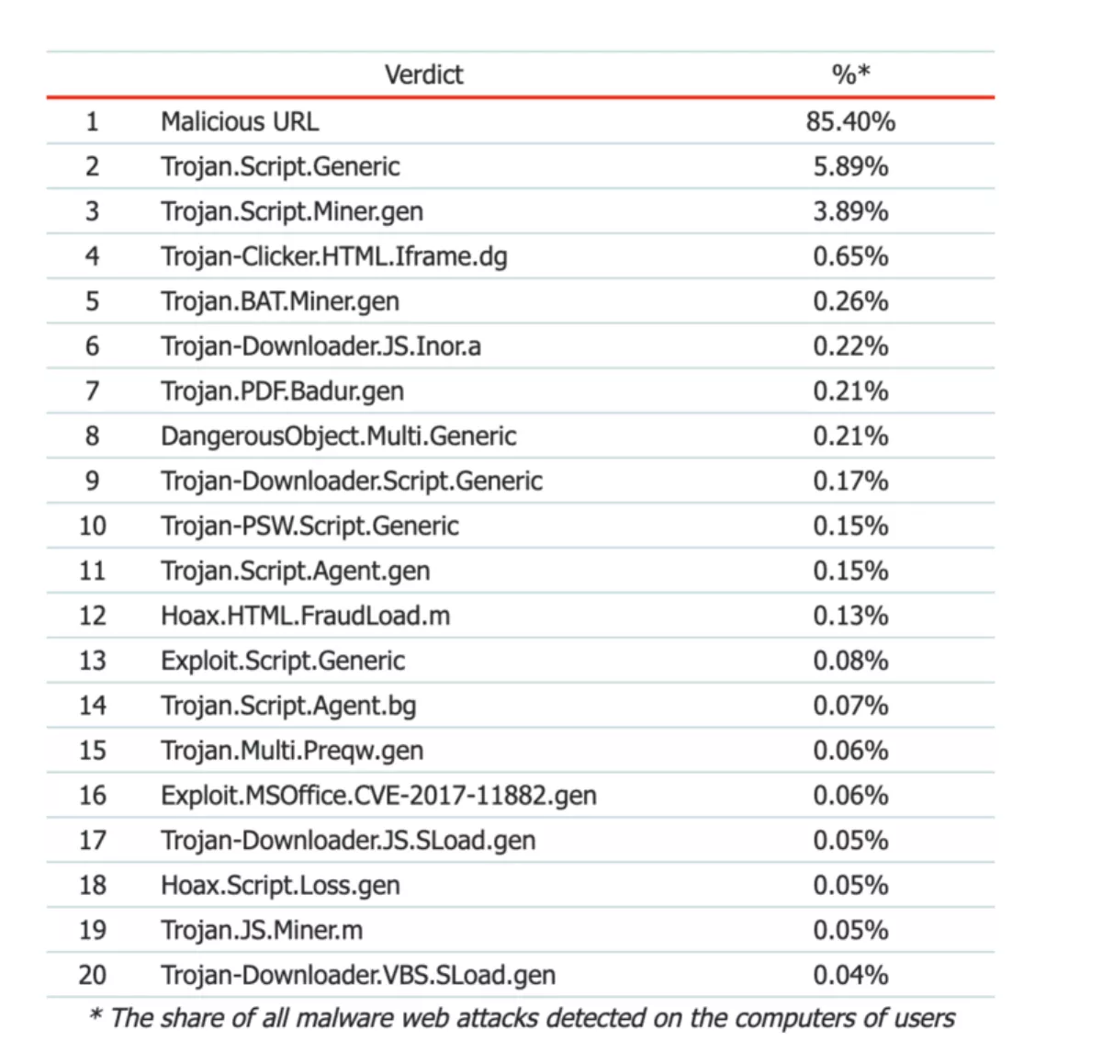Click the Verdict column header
pyautogui.click(x=423, y=74)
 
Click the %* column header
pyautogui.click(x=850, y=74)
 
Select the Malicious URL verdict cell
pyautogui.click(x=240, y=121)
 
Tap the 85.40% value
pyautogui.click(x=850, y=121)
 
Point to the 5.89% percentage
pyautogui.click(x=850, y=166)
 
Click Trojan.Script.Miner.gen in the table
pyautogui.click(x=292, y=211)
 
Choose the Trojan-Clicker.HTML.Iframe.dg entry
pyautogui.click(x=333, y=256)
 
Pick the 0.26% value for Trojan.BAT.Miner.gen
pyautogui.click(x=850, y=301)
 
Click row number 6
pyautogui.click(x=92, y=346)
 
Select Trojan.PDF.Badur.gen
pyautogui.click(x=282, y=391)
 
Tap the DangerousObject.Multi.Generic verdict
pyautogui.click(x=338, y=436)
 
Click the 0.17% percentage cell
pyautogui.click(x=850, y=481)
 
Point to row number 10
pyautogui.click(x=92, y=526)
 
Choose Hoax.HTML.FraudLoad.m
pyautogui.click(x=305, y=616)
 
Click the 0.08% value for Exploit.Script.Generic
pyautogui.click(x=850, y=661)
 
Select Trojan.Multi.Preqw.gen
pyautogui.click(x=292, y=751)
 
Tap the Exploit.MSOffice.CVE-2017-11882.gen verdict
pyautogui.click(x=378, y=796)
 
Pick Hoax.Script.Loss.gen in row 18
pyautogui.click(x=280, y=886)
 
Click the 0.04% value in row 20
pyautogui.click(x=850, y=975)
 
